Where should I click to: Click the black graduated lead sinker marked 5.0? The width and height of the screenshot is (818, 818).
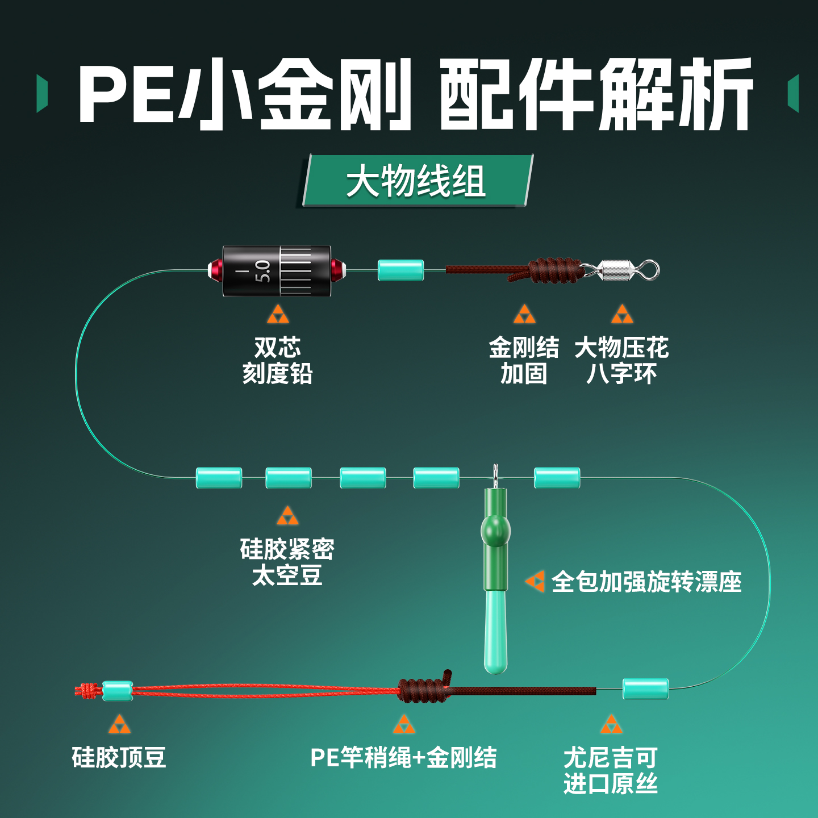click(277, 271)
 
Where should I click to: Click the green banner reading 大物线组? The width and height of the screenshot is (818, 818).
click(416, 181)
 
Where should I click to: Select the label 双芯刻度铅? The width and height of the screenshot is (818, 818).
click(277, 360)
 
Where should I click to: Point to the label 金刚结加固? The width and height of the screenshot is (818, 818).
click(524, 360)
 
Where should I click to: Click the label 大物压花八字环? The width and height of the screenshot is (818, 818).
click(621, 360)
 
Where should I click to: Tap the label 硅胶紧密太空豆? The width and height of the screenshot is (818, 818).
click(287, 562)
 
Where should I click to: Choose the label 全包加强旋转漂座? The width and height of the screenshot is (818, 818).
click(646, 582)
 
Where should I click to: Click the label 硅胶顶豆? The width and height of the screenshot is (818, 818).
click(119, 757)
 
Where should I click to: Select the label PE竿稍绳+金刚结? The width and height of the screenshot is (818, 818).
click(403, 757)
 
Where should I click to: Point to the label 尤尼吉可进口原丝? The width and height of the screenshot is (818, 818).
click(611, 770)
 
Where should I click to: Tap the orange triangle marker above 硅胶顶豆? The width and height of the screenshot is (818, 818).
click(119, 724)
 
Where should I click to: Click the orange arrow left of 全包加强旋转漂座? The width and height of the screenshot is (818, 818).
click(535, 581)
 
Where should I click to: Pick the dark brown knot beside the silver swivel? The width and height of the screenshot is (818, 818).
click(554, 271)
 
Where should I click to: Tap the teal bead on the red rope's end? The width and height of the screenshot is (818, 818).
click(117, 690)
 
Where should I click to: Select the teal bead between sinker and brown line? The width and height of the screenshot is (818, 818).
click(401, 270)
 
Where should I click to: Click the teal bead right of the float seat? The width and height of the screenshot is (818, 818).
click(557, 478)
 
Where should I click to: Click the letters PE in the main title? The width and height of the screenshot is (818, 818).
click(126, 94)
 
